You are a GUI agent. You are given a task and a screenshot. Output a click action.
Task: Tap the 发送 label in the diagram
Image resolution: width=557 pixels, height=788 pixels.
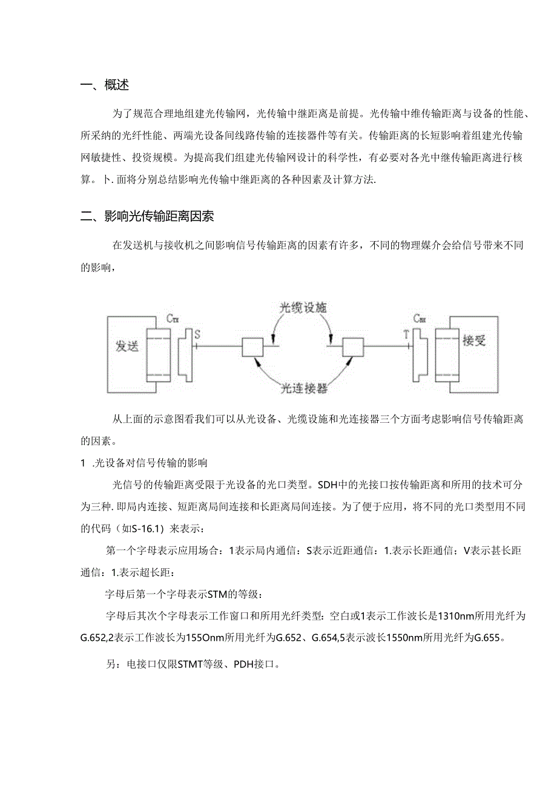pos(127,345)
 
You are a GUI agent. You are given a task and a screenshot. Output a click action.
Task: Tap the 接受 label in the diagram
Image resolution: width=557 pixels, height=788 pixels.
pos(474,340)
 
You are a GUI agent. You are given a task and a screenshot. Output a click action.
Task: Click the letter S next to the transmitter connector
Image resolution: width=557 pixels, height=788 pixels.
pos(197,334)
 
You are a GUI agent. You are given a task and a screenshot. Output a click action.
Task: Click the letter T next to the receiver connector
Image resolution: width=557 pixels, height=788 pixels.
pos(406,334)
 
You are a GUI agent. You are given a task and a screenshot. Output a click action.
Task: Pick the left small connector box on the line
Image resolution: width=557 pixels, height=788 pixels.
pos(252,347)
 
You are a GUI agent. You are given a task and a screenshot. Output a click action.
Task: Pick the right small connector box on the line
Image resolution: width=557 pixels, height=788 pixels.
pos(353,347)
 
